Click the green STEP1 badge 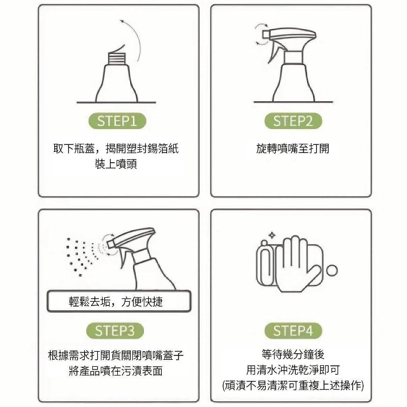click(117, 121)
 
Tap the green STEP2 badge click(293, 121)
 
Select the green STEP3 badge click(115, 330)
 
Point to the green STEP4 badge click(293, 330)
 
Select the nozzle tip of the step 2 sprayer click(266, 34)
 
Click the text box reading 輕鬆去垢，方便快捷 click(119, 301)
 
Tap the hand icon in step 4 click(298, 263)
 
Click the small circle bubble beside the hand click(332, 270)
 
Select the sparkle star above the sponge click(272, 236)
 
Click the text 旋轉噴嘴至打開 click(292, 149)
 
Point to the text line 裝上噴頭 click(116, 164)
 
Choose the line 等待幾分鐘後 click(293, 354)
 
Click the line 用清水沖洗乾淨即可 click(293, 370)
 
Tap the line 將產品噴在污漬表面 click(116, 371)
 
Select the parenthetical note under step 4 click(293, 385)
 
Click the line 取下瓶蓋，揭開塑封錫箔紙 click(116, 149)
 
